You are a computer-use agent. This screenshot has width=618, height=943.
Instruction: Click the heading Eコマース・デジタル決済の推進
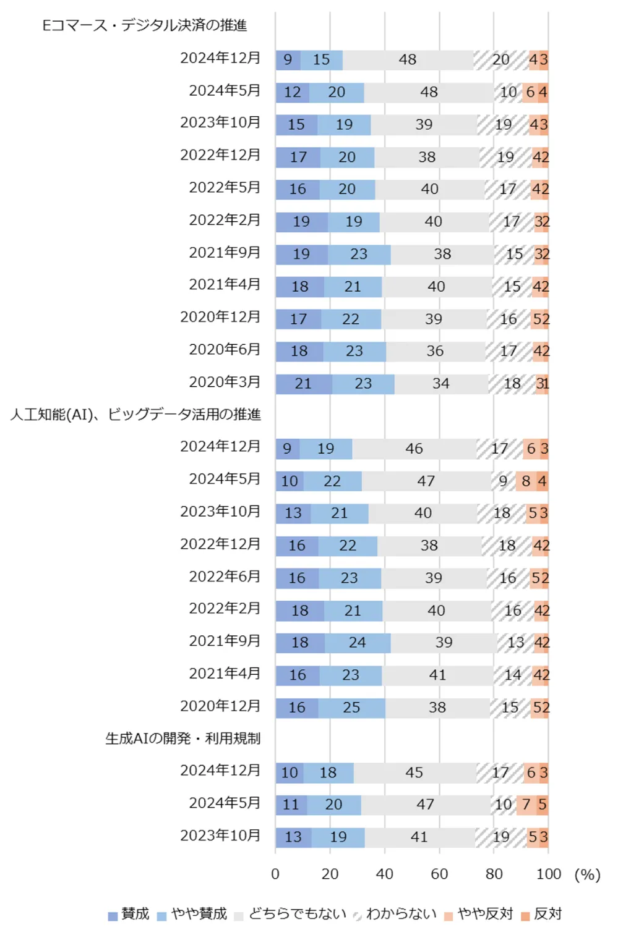pyautogui.click(x=144, y=25)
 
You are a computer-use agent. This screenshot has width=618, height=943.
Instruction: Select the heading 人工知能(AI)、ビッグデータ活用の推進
pyautogui.click(x=135, y=414)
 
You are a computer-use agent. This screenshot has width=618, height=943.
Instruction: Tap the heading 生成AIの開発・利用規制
pyautogui.click(x=182, y=738)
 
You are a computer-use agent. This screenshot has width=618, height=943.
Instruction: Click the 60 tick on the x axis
pyautogui.click(x=439, y=874)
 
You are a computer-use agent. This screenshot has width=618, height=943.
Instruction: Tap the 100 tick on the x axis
pyautogui.click(x=548, y=874)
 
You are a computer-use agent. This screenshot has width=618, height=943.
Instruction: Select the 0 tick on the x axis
pyautogui.click(x=275, y=874)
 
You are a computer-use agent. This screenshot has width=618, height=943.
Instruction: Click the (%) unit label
pyautogui.click(x=587, y=874)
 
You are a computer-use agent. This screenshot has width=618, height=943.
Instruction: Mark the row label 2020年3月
pyautogui.click(x=225, y=382)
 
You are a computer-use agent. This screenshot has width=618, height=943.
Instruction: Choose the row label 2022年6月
pyautogui.click(x=225, y=577)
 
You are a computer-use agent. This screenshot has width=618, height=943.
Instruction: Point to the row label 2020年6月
pyautogui.click(x=225, y=350)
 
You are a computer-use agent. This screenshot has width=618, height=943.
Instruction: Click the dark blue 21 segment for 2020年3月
pyautogui.click(x=303, y=384)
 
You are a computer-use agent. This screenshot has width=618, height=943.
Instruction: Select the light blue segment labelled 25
pyautogui.click(x=351, y=708)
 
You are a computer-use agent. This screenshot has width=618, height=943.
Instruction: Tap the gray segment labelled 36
pyautogui.click(x=435, y=352)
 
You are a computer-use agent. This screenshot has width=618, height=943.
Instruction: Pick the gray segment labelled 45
pyautogui.click(x=414, y=772)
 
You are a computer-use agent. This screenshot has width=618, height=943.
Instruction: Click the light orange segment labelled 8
pyautogui.click(x=526, y=481)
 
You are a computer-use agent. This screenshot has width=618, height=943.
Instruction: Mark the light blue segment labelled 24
pyautogui.click(x=357, y=643)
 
